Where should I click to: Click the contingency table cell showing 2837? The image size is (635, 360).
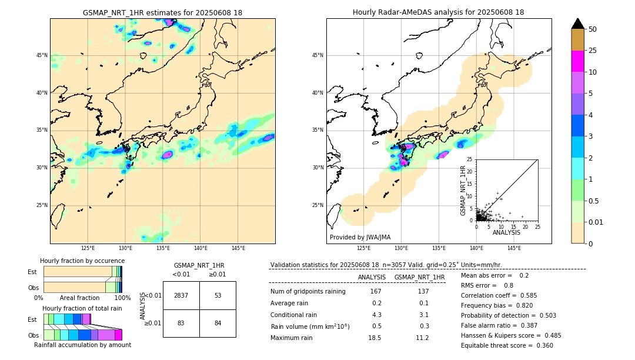click(x=181, y=295)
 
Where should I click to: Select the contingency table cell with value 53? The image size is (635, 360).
click(x=218, y=295)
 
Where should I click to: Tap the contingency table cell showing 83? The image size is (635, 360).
click(x=181, y=323)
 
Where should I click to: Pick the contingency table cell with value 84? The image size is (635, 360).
click(x=218, y=323)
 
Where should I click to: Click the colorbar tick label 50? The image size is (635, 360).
click(x=593, y=29)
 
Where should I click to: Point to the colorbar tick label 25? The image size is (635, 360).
click(x=593, y=51)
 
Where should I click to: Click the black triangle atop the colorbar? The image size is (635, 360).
click(x=578, y=24)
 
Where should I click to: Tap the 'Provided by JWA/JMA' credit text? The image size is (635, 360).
click(x=360, y=237)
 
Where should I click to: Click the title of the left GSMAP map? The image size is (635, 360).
click(x=162, y=12)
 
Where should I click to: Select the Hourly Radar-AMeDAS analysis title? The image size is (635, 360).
click(x=438, y=12)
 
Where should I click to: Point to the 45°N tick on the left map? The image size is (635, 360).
click(x=42, y=55)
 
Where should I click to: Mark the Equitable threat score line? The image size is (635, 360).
click(x=507, y=345)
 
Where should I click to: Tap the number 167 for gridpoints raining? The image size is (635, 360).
click(x=375, y=291)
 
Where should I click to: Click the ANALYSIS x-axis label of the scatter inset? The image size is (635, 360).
click(x=506, y=232)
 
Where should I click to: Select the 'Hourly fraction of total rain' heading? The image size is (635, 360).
click(x=82, y=308)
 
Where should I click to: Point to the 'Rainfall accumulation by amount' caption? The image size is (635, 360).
click(x=82, y=345)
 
